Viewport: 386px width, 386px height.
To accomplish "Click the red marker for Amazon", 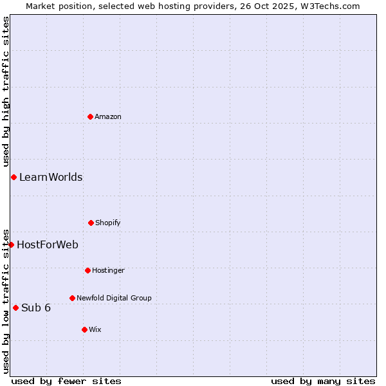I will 90,116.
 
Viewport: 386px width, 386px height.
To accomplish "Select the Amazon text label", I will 108,117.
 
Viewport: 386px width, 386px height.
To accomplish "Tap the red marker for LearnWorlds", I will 14,177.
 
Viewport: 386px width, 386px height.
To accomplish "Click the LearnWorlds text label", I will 51,178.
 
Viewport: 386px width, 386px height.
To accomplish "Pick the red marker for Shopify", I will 91,223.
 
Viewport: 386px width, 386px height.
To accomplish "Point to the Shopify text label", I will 108,223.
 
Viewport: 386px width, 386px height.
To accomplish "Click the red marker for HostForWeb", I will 11,244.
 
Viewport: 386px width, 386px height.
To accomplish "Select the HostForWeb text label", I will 48,245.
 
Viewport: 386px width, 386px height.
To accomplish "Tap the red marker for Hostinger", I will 87,270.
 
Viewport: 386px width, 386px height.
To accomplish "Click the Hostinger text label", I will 108,271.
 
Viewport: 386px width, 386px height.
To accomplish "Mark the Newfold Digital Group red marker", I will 72,298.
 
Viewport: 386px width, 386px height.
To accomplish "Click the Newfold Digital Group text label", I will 114,299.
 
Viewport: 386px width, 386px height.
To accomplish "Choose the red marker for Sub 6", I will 15,308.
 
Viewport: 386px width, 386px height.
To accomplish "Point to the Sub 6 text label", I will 36,308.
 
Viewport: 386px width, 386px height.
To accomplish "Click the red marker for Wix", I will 84,329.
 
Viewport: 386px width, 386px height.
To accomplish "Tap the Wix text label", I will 95,330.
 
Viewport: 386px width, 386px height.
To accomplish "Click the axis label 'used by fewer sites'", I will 66,381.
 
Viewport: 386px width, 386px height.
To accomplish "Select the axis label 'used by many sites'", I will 323,381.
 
